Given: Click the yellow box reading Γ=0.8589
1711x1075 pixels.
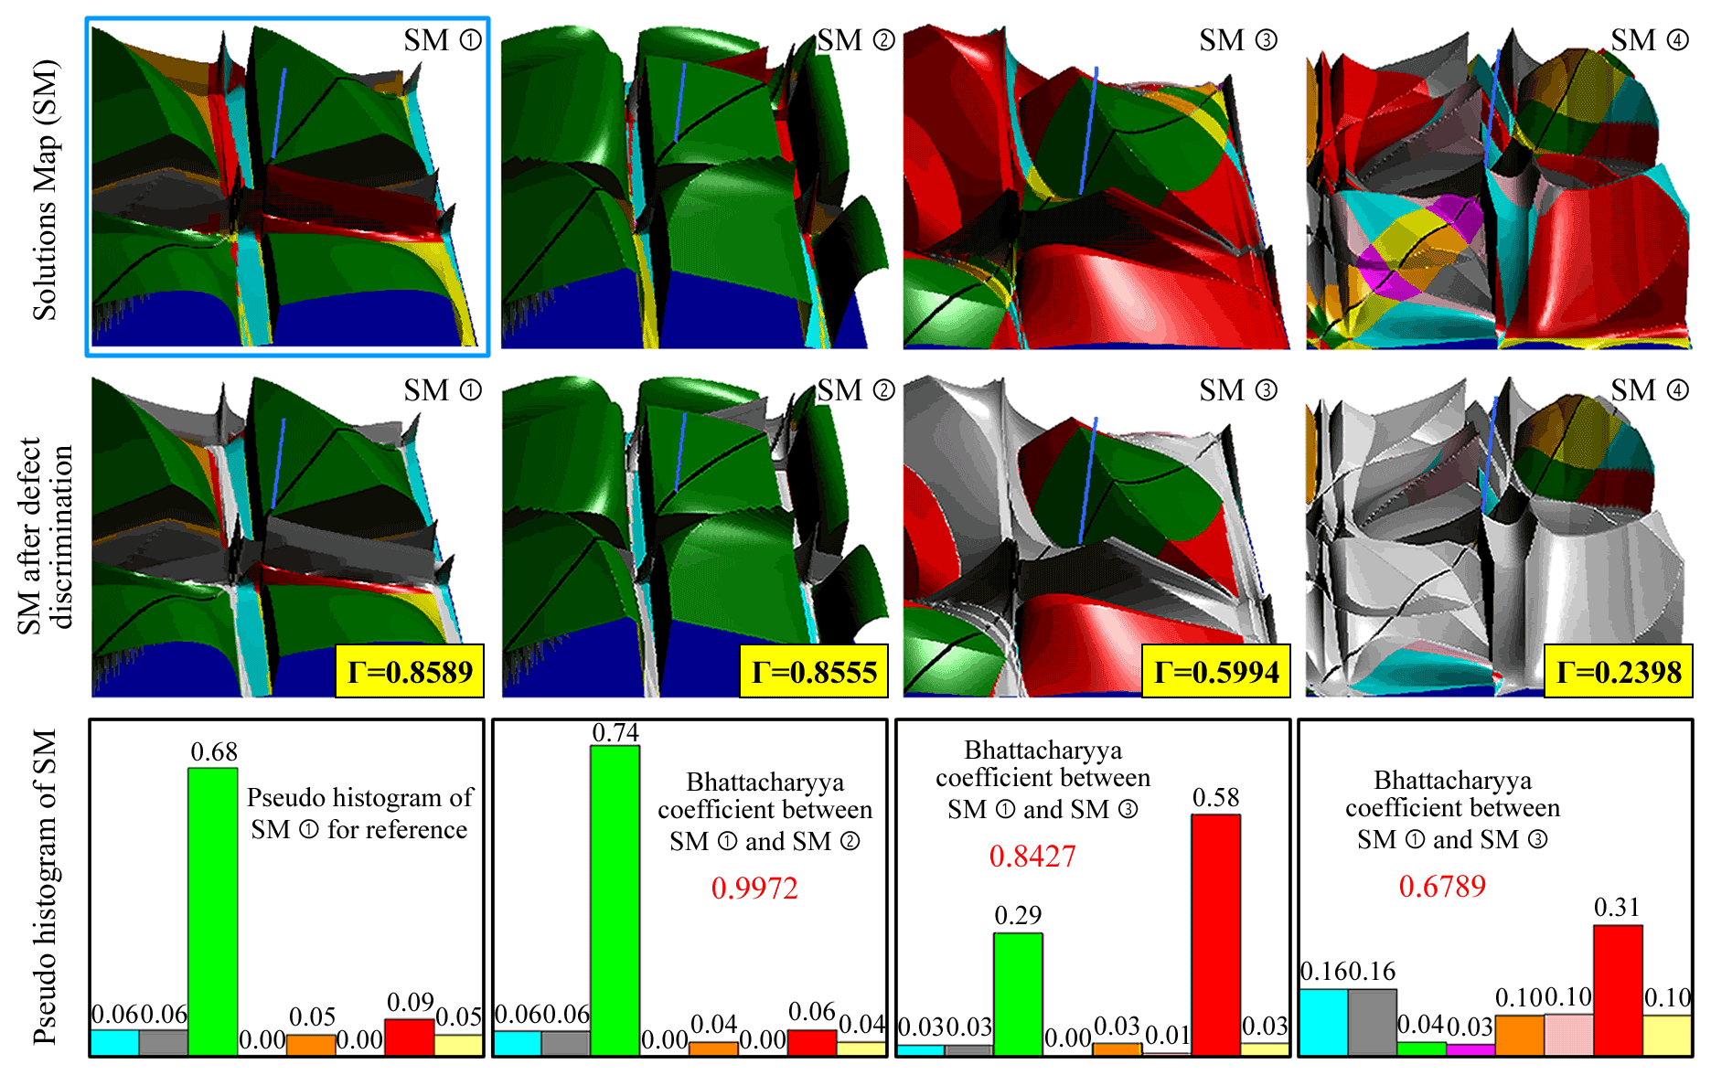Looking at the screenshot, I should [x=410, y=672].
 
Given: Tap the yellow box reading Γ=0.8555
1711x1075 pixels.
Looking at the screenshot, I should [x=814, y=672].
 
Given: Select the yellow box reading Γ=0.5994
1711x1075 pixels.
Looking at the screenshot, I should [x=1216, y=672].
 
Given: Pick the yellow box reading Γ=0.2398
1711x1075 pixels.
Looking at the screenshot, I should [x=1619, y=672].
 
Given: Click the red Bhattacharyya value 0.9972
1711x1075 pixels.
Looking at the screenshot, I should [x=754, y=888].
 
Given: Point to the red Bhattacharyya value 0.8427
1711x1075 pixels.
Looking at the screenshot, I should [x=1032, y=856].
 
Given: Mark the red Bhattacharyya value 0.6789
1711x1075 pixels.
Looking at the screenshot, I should [x=1442, y=885].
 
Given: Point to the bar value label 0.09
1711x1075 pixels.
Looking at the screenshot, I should [x=410, y=1003].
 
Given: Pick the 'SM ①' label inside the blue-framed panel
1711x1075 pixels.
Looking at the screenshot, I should [x=443, y=40].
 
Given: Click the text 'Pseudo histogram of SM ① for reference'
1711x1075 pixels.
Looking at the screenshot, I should [x=359, y=813].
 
